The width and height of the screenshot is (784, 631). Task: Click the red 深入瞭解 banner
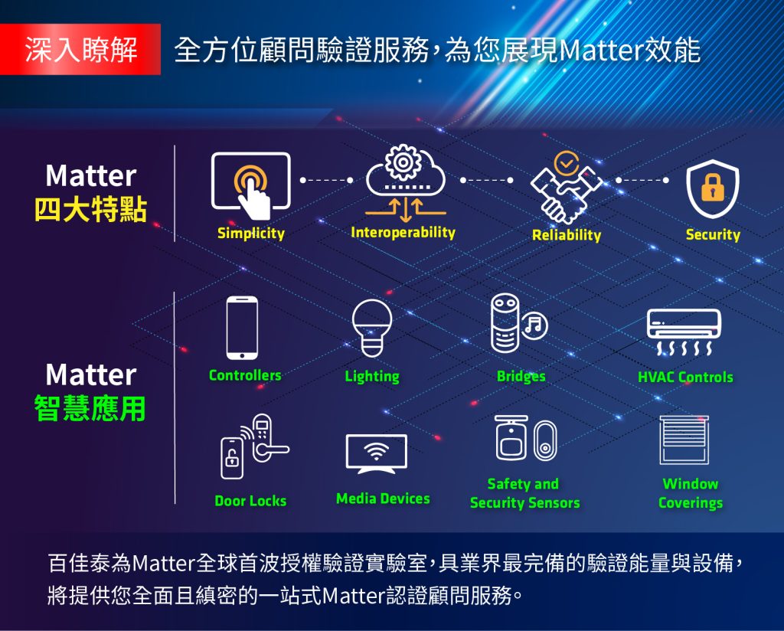80,49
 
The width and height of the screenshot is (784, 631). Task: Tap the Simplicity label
251,233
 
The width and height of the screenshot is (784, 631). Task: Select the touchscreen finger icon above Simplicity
251,186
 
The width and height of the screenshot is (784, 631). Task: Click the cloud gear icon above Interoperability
406,183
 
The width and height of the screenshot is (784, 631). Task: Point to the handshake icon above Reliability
566,188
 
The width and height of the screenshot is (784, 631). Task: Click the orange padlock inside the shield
713,188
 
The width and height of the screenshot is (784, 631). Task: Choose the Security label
713,234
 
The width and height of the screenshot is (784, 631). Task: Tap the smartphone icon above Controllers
242,328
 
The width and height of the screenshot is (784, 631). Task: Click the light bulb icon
372,328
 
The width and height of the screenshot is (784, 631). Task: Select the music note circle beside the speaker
534,325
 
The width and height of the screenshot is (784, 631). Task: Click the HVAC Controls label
685,377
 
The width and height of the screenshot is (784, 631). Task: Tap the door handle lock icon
255,446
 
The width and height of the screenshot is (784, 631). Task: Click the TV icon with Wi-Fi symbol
377,453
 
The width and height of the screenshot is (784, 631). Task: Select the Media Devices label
383,499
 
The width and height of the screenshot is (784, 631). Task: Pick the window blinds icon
684,440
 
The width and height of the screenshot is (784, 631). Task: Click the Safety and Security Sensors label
525,493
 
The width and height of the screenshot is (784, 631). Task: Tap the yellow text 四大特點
90,210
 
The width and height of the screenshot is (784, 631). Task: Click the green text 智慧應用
90,408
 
